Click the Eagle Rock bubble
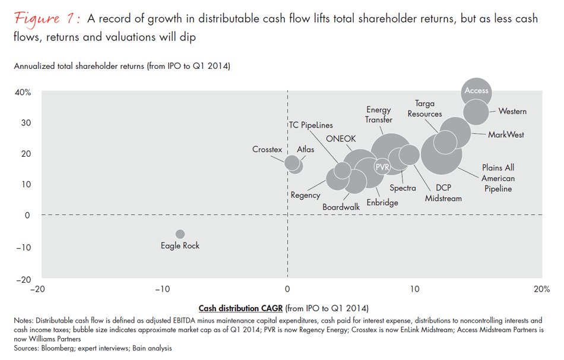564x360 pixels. click(180, 234)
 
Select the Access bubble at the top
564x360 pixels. click(476, 91)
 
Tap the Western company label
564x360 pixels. click(512, 111)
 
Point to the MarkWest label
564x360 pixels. click(506, 135)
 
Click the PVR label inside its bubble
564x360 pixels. click(382, 168)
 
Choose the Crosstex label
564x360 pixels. click(267, 150)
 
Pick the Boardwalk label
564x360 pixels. click(341, 207)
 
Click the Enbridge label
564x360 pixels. click(382, 203)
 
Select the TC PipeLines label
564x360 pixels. click(310, 125)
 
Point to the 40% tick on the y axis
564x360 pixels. click(23, 92)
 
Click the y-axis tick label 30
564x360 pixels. click(26, 123)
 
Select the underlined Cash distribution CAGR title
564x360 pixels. click(240, 308)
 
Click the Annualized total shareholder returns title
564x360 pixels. click(122, 66)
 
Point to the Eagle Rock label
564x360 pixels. click(180, 245)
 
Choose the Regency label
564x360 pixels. click(305, 195)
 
